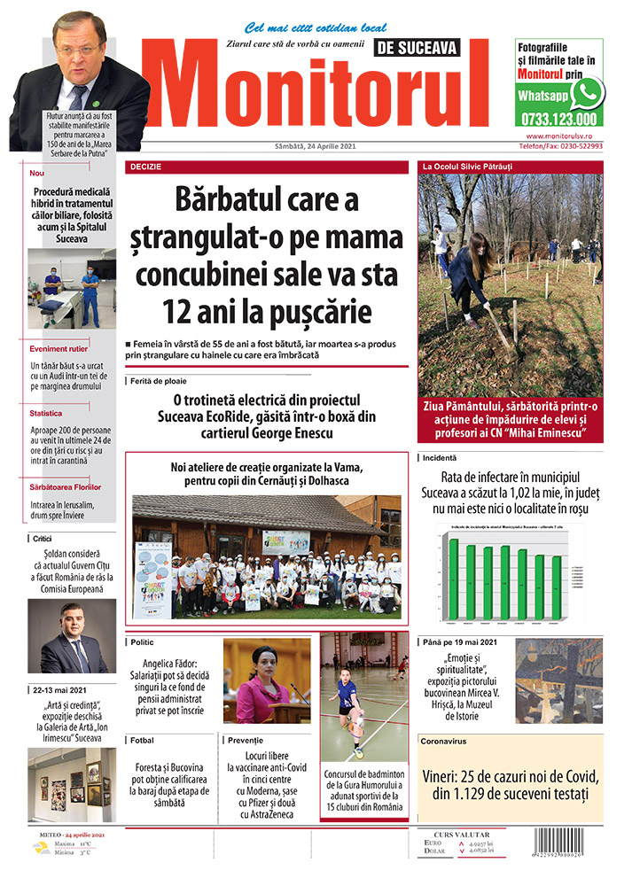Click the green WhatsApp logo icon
click(x=588, y=93)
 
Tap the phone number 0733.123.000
click(x=558, y=118)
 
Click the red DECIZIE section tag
click(x=146, y=167)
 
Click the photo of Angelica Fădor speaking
click(x=267, y=680)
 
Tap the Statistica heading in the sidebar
click(x=45, y=413)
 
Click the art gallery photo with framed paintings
click(x=71, y=785)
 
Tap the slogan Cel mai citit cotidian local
click(x=316, y=28)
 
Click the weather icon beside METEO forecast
click(x=42, y=848)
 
